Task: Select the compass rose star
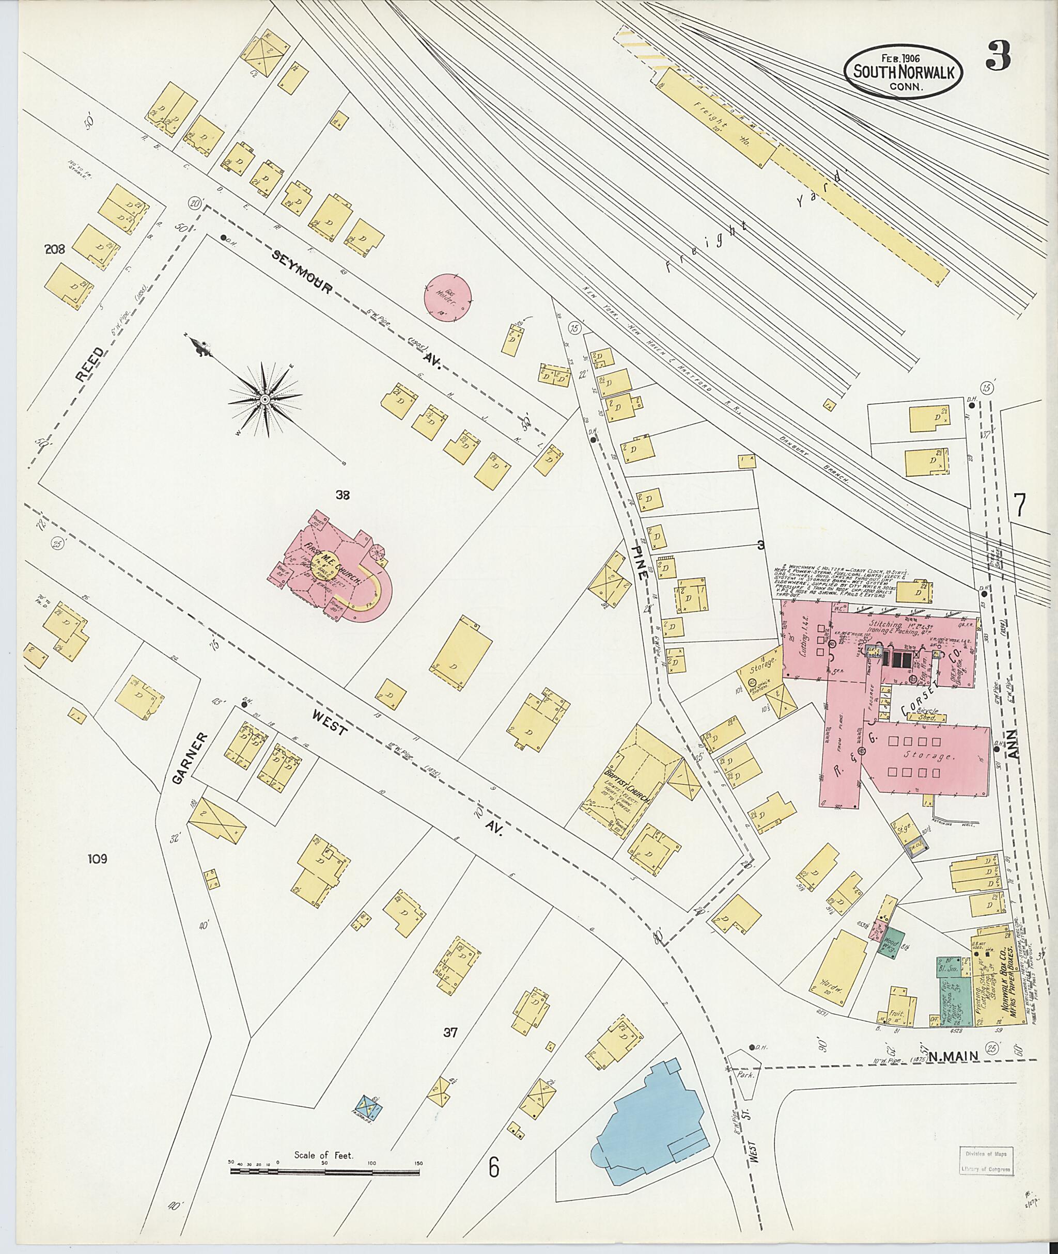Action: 264,399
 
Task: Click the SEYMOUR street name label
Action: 302,273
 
